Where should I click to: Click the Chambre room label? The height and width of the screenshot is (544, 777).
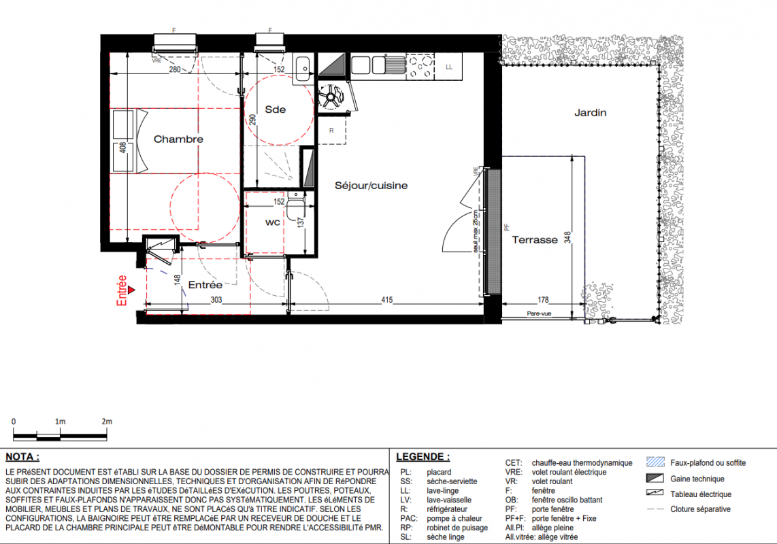point(178,139)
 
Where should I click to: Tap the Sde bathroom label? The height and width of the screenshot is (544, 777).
point(275,109)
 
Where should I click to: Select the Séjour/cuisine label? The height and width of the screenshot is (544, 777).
point(371,186)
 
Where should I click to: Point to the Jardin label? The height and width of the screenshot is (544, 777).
point(590,113)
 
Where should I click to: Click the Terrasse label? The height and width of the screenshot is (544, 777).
point(535,240)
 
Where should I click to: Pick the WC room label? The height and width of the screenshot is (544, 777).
point(273,222)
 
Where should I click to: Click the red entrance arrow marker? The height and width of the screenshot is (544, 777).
point(131,290)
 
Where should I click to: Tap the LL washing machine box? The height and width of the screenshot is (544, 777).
point(449,67)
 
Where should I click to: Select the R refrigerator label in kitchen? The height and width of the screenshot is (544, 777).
point(331,131)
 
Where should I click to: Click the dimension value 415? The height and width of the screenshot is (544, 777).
point(387,300)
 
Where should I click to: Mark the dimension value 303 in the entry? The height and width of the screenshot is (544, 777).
point(216,300)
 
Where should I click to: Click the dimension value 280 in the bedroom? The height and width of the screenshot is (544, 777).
point(175,69)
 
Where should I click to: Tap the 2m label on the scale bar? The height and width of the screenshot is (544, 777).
point(107,422)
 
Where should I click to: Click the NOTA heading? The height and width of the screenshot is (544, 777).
point(22,457)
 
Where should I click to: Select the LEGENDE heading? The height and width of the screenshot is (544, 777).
point(423,457)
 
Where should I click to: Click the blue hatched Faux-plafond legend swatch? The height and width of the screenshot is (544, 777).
point(655,462)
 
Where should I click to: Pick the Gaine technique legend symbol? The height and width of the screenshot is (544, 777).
point(655,478)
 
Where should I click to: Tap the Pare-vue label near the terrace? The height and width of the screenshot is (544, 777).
point(539,313)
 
